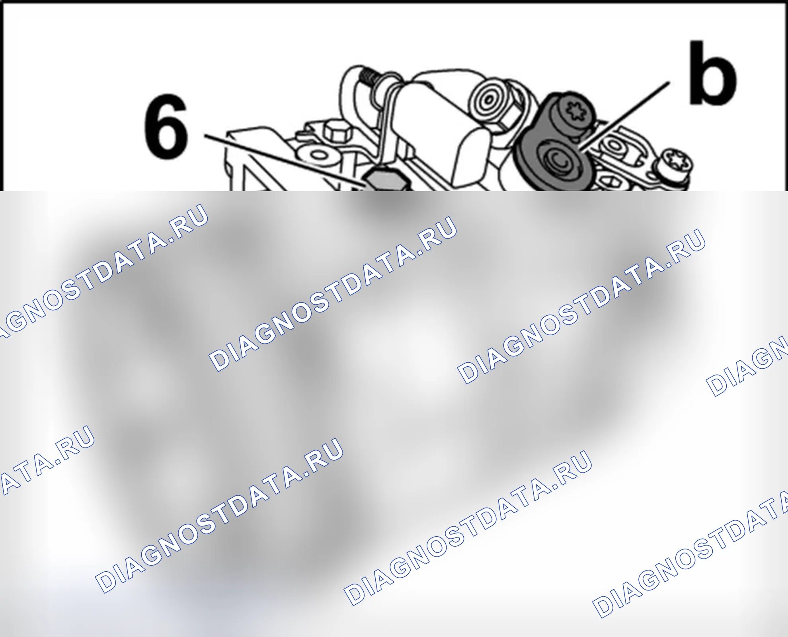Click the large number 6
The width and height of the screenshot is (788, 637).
tap(166, 126)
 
